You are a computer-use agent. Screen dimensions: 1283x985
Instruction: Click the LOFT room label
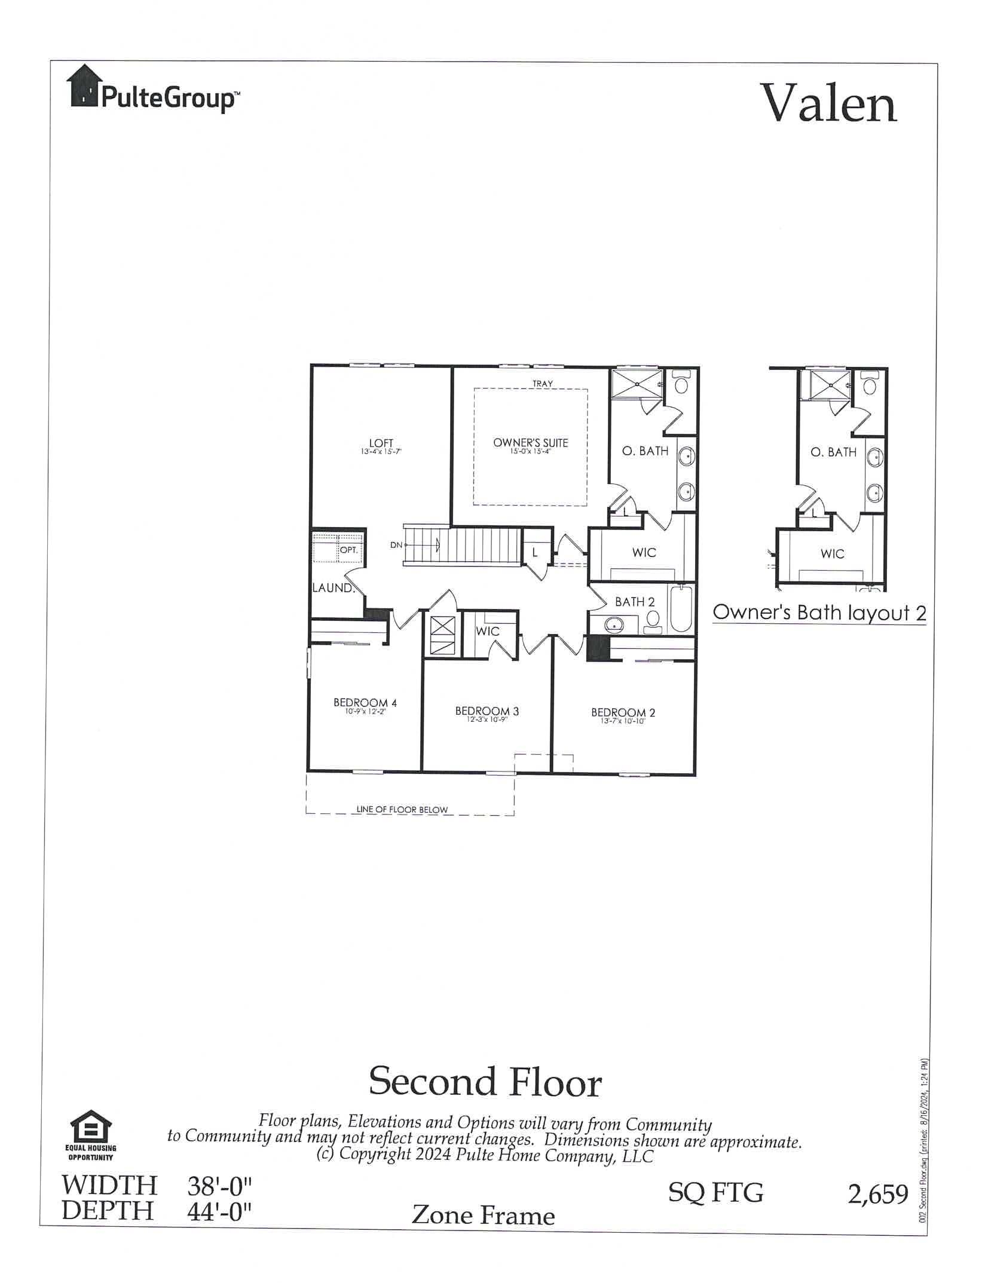(381, 443)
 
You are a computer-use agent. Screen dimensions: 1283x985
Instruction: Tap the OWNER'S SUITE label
(530, 443)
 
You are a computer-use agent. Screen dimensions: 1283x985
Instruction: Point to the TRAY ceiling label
(542, 384)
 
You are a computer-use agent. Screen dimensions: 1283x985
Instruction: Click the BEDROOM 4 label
(365, 703)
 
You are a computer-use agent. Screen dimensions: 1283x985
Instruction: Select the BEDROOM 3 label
(487, 711)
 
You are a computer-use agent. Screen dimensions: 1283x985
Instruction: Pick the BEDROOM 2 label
(623, 712)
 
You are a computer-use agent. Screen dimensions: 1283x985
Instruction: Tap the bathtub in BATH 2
(682, 610)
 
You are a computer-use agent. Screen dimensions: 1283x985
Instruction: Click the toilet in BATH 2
(653, 621)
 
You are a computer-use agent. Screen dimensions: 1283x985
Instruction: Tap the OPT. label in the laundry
(349, 550)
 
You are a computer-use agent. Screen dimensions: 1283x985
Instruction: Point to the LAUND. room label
(333, 588)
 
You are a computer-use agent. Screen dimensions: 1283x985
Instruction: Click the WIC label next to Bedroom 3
(487, 631)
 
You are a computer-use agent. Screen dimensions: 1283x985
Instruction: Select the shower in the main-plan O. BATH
(637, 384)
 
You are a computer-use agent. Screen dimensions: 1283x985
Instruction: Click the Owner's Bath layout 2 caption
(819, 613)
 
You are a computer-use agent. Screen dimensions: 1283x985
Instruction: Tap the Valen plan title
(828, 103)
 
